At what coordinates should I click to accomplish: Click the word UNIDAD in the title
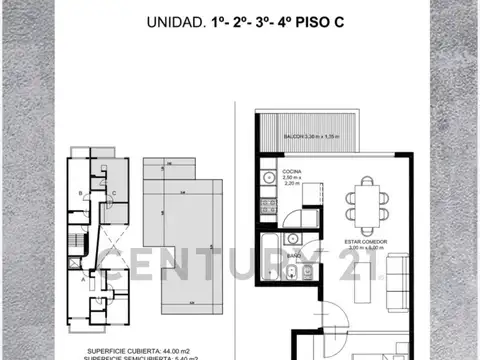175,21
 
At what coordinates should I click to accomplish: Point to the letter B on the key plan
80,192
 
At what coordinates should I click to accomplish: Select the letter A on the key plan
80,281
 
